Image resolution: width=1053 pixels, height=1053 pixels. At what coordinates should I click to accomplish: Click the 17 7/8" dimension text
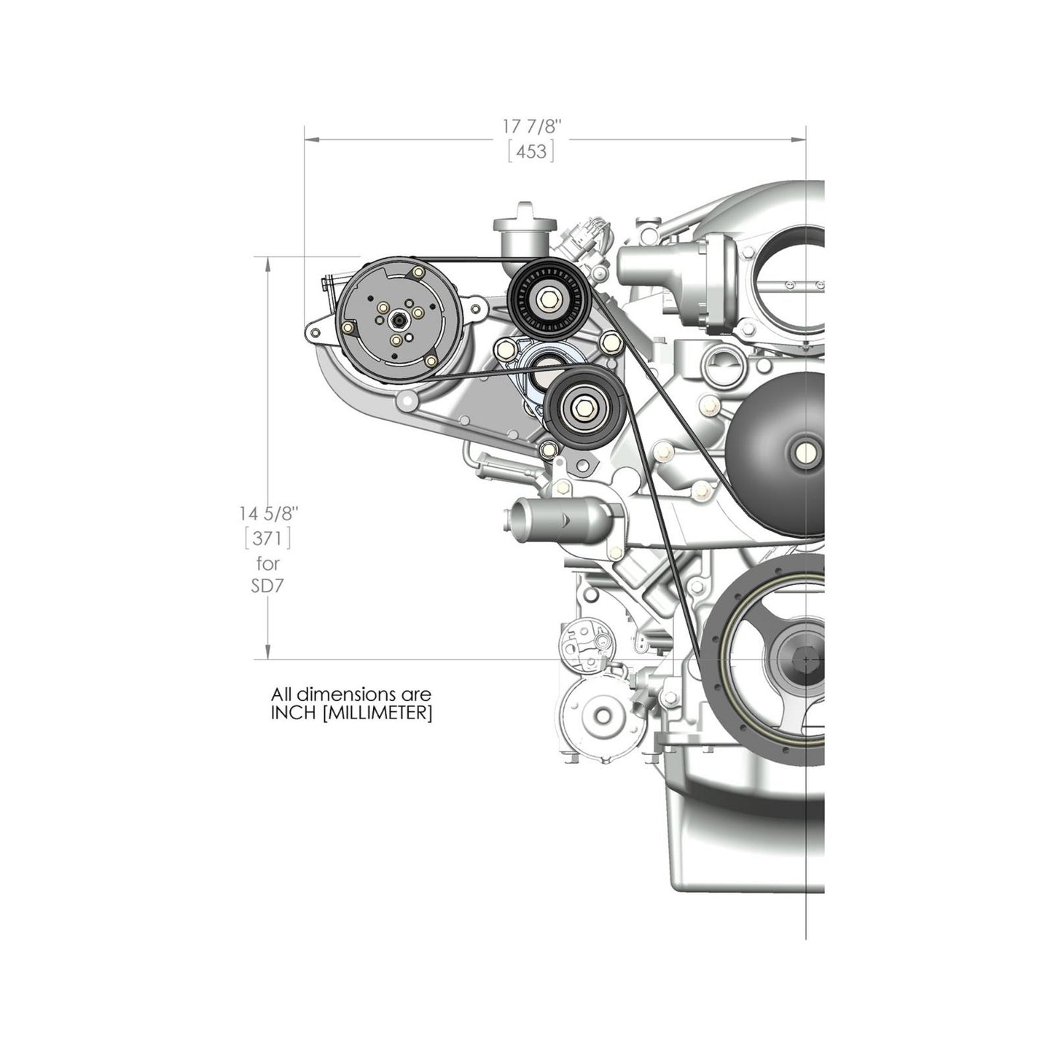point(532,125)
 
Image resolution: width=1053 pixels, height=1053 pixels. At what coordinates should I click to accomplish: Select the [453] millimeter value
point(531,152)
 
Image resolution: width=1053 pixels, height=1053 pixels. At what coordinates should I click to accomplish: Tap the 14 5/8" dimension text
point(268,513)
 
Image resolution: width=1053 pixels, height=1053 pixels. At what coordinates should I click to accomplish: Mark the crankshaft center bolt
point(805,659)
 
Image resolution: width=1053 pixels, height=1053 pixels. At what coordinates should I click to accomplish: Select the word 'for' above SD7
point(267,563)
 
